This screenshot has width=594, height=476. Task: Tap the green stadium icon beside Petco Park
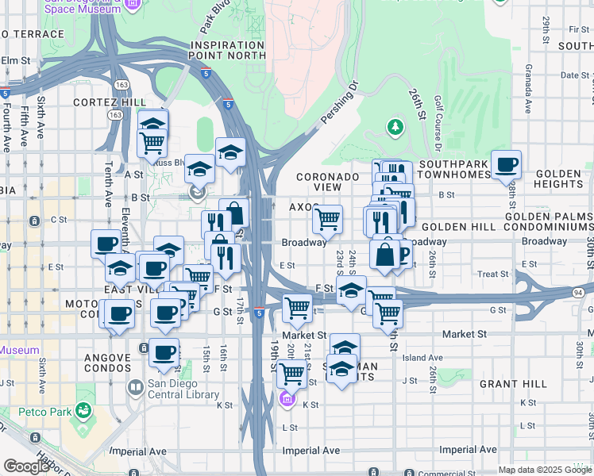click(83, 410)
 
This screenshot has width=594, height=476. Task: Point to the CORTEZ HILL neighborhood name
click(110, 102)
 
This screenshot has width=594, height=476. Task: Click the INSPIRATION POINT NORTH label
click(226, 49)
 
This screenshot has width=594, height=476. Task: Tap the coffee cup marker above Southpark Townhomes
click(506, 165)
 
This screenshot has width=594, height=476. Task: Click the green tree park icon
click(395, 126)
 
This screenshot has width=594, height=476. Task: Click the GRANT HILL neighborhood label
click(513, 384)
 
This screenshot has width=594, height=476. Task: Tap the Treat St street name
click(493, 274)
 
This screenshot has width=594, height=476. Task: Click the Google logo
click(25, 466)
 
